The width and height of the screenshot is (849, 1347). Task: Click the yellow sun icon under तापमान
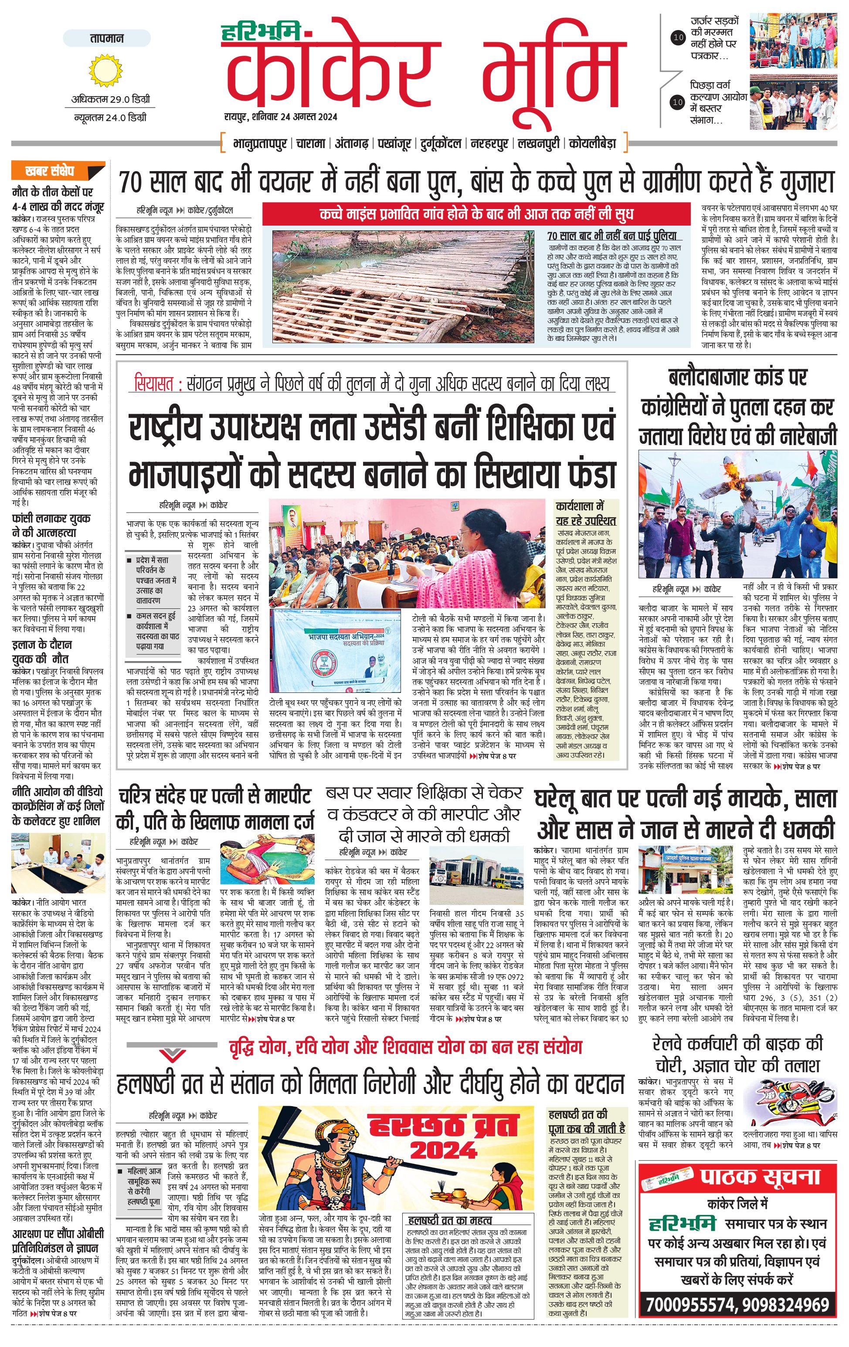point(105,71)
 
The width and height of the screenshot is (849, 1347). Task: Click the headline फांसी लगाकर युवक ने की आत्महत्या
point(51,525)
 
